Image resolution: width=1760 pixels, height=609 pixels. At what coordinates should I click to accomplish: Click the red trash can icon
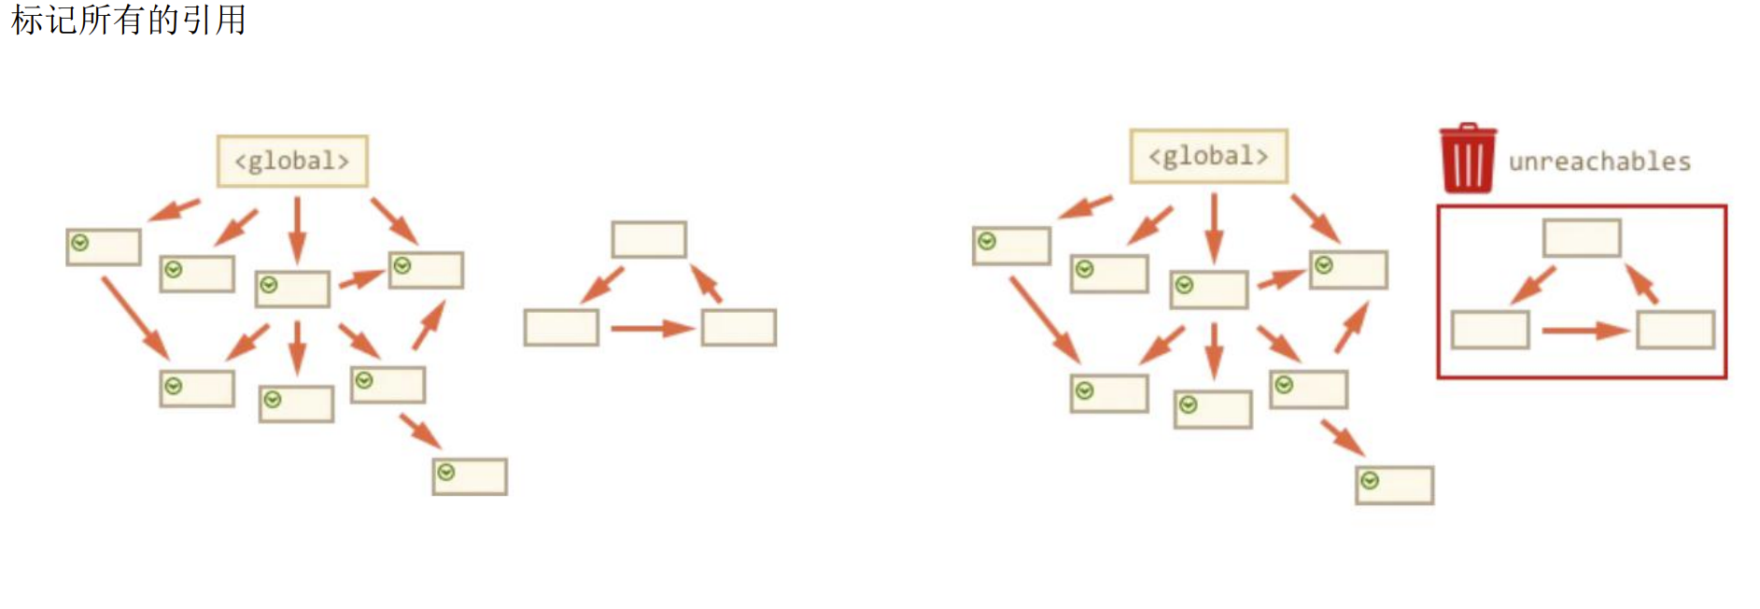pyautogui.click(x=1467, y=159)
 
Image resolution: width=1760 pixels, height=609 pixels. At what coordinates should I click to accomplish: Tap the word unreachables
pyautogui.click(x=1599, y=163)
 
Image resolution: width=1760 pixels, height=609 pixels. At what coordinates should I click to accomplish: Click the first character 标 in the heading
pyautogui.click(x=27, y=20)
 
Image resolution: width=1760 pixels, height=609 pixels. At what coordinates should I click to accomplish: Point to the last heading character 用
pyautogui.click(x=230, y=20)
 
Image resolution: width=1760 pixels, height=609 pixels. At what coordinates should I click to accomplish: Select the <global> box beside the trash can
pyautogui.click(x=1208, y=156)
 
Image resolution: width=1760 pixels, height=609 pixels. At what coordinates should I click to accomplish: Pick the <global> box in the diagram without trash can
pyautogui.click(x=292, y=162)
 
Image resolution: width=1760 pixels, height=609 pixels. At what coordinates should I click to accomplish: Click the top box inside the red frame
pyautogui.click(x=1582, y=238)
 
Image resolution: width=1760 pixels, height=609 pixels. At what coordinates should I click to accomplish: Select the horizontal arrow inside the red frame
pyautogui.click(x=1584, y=330)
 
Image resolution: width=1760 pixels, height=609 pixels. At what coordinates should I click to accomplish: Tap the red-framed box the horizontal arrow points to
pyautogui.click(x=1675, y=330)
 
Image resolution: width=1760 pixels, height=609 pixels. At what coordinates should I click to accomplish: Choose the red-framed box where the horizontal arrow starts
pyautogui.click(x=1490, y=330)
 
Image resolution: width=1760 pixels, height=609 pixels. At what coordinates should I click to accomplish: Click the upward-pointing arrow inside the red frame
pyautogui.click(x=1641, y=283)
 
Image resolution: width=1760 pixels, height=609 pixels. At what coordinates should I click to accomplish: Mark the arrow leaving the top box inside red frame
pyautogui.click(x=1533, y=285)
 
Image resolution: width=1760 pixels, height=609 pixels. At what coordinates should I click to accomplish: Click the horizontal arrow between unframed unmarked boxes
pyautogui.click(x=652, y=328)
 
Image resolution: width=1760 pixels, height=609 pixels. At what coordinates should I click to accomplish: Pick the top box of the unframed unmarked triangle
pyautogui.click(x=649, y=240)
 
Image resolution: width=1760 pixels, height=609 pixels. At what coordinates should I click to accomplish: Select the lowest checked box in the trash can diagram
pyautogui.click(x=1394, y=486)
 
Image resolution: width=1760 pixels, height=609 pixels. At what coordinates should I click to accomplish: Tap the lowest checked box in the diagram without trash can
pyautogui.click(x=470, y=476)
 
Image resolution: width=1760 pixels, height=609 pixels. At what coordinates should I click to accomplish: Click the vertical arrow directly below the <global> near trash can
pyautogui.click(x=1214, y=227)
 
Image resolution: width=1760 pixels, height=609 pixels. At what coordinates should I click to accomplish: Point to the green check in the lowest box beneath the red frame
pyautogui.click(x=1370, y=481)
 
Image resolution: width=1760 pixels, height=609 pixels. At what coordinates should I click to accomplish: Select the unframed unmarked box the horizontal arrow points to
pyautogui.click(x=739, y=328)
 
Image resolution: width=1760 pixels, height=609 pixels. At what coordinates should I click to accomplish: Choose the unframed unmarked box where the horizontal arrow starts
pyautogui.click(x=561, y=328)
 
